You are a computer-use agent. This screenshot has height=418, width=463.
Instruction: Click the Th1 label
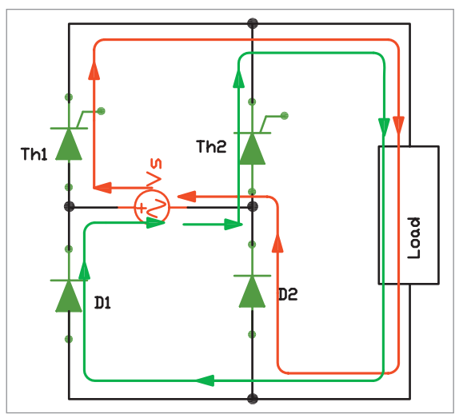coord(34,153)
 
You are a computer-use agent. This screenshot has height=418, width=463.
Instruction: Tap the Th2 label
coord(211,146)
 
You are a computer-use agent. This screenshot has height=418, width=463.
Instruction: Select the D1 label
coord(102,303)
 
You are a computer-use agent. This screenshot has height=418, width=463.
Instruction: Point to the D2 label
coord(288,294)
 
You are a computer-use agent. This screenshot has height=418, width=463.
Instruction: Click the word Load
coord(413,238)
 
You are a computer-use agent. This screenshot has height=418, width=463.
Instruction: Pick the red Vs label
coord(154,173)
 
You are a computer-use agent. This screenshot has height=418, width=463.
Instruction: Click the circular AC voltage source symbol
coord(152,208)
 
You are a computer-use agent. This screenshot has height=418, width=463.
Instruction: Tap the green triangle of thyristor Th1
coord(69,145)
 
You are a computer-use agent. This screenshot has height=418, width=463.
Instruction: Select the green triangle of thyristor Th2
coord(252,149)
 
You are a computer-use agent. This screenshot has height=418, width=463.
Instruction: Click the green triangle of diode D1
coord(69,296)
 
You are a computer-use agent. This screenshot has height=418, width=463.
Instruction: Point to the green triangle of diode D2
coord(252,292)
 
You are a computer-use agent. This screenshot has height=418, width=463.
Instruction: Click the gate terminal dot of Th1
coord(101,111)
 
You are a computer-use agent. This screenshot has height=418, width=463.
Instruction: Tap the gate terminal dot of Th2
coord(285,116)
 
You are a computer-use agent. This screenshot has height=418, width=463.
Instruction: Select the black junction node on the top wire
coord(252,23)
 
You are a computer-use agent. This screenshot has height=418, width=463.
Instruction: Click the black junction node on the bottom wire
coord(252,399)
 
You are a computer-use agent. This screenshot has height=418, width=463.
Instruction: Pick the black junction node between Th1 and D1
coord(69,207)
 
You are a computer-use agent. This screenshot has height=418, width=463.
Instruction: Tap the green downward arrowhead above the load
coord(384,126)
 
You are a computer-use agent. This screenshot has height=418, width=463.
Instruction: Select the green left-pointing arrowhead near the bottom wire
coord(205,380)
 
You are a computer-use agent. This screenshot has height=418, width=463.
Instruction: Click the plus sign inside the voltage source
coord(142,208)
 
